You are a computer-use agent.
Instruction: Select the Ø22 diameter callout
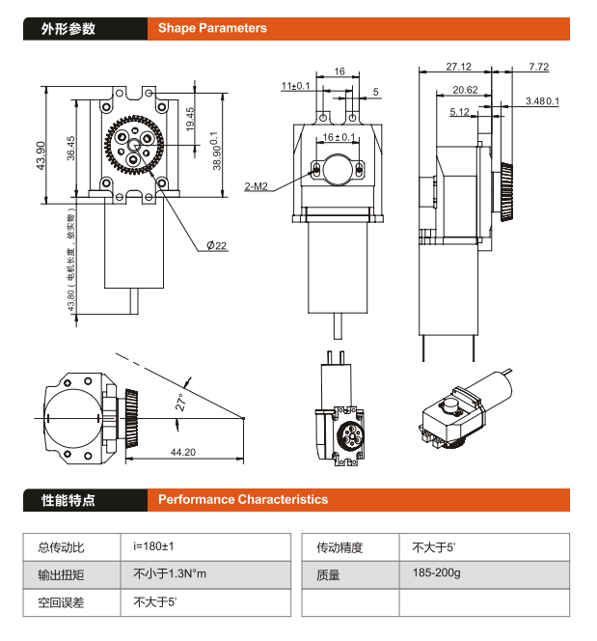[x=216, y=245]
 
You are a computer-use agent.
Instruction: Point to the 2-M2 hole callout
[x=256, y=186]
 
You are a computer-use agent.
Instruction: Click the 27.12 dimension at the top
[x=459, y=67]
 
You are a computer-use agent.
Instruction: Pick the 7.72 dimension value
[x=538, y=67]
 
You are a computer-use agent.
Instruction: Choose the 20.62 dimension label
[x=465, y=90]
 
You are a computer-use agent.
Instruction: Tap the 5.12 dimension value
[x=459, y=112]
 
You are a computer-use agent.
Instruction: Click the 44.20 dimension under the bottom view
[x=183, y=452]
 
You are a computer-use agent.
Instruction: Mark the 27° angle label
[x=179, y=402]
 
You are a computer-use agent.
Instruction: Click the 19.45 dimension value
[x=190, y=119]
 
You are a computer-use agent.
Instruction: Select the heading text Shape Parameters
[x=212, y=29]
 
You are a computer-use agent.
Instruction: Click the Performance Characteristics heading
[x=243, y=500]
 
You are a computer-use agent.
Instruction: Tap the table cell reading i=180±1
[x=154, y=547]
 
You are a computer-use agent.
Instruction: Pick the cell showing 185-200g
[x=436, y=573]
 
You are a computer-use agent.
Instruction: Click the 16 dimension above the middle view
[x=339, y=71]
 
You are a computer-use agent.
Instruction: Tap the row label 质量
[x=328, y=574]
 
